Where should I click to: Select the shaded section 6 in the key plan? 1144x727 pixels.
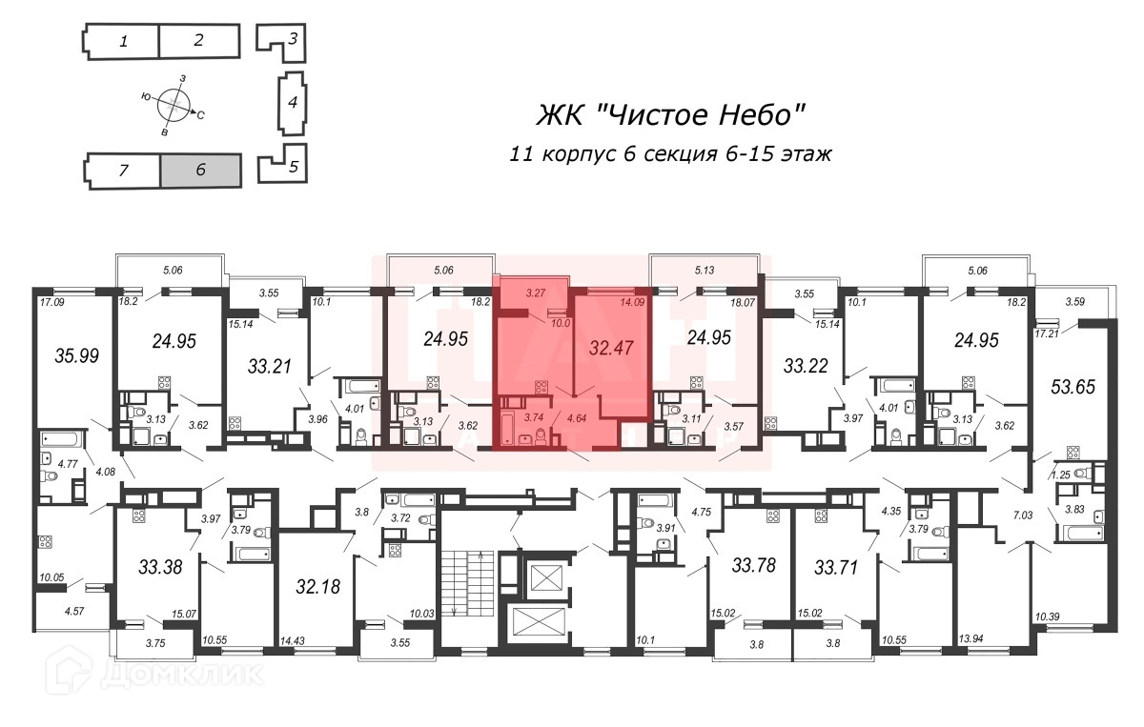(x=200, y=171)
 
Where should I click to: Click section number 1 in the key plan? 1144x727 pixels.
(x=123, y=41)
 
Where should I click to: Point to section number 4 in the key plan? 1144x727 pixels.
(x=293, y=102)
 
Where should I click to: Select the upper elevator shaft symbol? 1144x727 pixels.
(x=550, y=577)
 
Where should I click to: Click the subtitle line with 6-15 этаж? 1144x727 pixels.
(x=658, y=153)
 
